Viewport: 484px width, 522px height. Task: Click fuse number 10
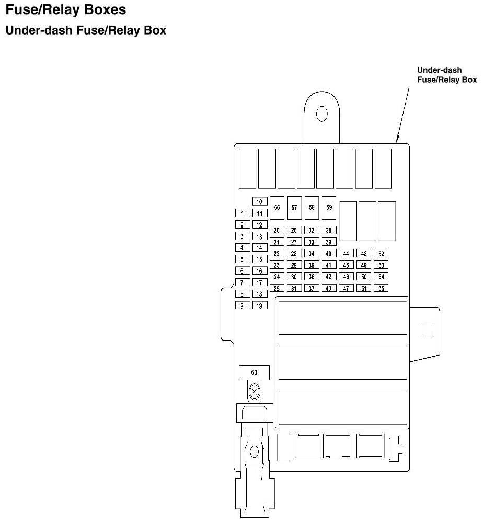click(x=260, y=201)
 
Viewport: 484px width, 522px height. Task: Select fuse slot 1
click(x=242, y=213)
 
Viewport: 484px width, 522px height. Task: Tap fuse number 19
click(x=260, y=305)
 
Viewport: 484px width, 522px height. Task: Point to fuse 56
click(x=277, y=208)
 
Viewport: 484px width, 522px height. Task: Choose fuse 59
click(x=329, y=207)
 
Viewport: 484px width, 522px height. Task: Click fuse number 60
click(x=254, y=372)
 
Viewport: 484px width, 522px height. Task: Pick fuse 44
click(x=345, y=254)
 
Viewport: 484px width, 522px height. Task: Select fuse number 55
click(x=381, y=288)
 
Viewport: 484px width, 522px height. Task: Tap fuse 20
click(x=276, y=230)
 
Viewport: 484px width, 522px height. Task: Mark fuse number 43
click(x=328, y=288)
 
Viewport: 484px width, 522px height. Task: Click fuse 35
click(x=311, y=265)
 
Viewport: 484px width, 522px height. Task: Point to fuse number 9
click(x=242, y=305)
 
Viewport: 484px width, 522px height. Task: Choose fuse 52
click(x=381, y=254)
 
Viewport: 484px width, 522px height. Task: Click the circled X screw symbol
click(x=255, y=391)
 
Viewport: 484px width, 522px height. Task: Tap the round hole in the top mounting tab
click(x=321, y=114)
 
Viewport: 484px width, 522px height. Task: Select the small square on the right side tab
click(x=427, y=328)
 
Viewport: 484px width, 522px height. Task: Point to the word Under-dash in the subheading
click(x=39, y=30)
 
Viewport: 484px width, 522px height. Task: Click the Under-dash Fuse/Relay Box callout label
click(x=446, y=75)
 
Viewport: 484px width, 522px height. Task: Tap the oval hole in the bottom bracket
click(x=255, y=451)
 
